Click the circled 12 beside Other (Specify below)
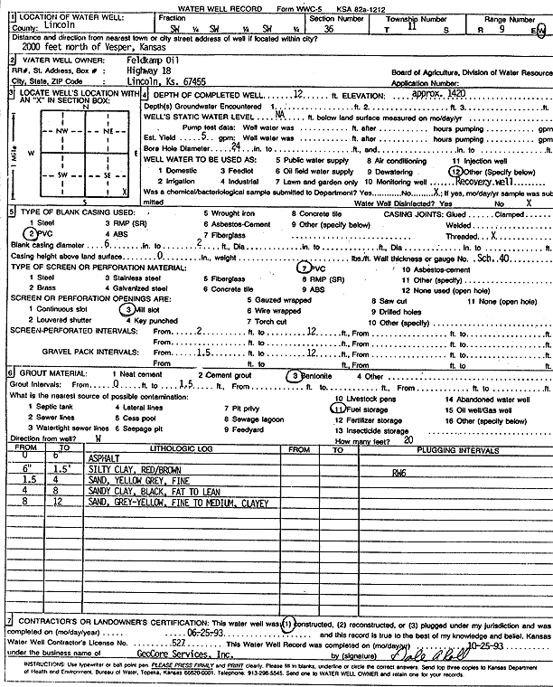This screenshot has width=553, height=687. pos(455,170)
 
